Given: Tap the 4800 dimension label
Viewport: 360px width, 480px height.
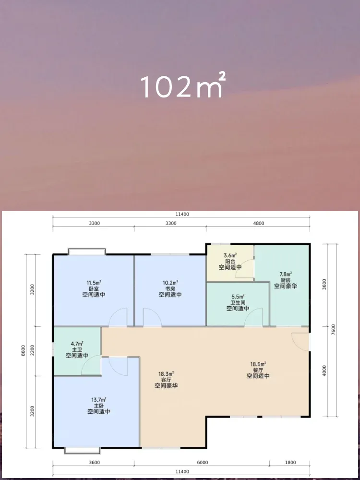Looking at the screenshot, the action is pos(259,223).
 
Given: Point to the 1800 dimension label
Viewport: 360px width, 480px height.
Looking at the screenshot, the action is pos(291,462).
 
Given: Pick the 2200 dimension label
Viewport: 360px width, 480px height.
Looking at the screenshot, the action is pos(33,351).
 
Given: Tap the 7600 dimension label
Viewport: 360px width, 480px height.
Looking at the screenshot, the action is pos(334,330).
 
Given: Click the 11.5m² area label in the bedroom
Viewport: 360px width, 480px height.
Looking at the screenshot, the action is pos(94,283).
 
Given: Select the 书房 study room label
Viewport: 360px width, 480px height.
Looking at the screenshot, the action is pos(170,288).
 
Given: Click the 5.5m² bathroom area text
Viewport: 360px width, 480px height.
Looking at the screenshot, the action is pos(238,297).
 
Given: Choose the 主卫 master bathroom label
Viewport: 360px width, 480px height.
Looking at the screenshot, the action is pos(77,349).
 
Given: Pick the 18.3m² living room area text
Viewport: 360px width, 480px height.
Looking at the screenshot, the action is pos(167,374).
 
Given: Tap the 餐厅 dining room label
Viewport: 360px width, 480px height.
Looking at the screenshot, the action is pos(258,370).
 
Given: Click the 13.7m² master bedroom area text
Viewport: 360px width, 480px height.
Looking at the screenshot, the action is pos(99,399).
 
